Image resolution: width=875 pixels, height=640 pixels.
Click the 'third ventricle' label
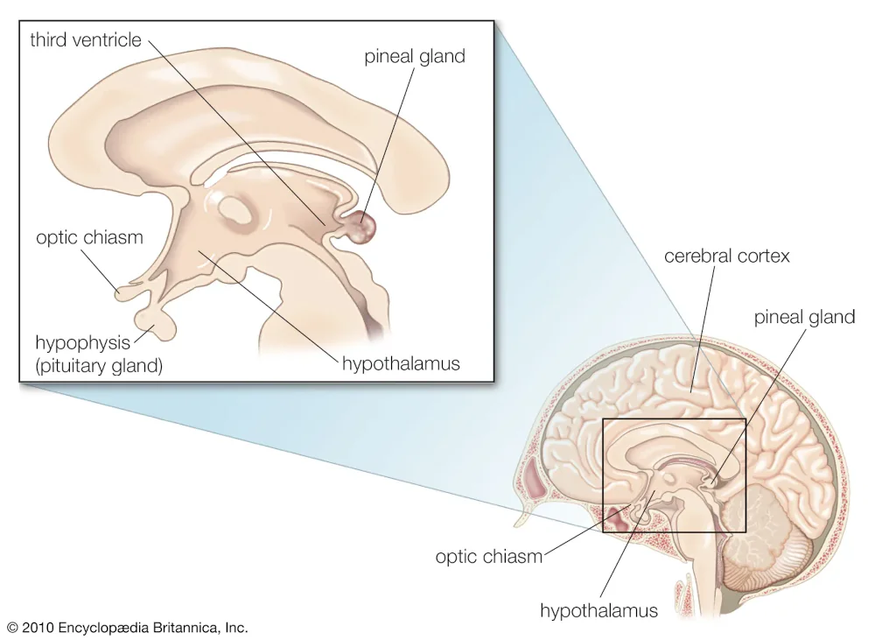point(86,39)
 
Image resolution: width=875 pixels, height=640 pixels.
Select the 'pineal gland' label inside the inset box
point(415,57)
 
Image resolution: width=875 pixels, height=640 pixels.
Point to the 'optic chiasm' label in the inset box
point(89,238)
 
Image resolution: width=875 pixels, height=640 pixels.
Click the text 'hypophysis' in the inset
point(82,343)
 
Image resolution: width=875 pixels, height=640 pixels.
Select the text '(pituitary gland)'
point(99,366)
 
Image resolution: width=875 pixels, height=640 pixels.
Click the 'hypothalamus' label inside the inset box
point(401,363)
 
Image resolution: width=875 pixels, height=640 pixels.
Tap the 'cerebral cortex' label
point(726,256)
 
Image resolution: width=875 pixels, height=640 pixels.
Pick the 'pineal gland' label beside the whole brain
point(804,318)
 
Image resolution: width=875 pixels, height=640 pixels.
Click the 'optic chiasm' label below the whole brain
point(489,557)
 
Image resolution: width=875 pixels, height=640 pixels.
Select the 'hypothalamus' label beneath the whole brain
point(598,610)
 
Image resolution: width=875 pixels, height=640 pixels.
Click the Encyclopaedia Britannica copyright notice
point(128,627)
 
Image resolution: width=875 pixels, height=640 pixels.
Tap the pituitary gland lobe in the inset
point(154,324)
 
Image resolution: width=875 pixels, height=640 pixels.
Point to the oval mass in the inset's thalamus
point(236,211)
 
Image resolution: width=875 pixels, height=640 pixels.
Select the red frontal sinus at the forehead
point(535,479)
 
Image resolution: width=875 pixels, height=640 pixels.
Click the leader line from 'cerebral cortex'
point(703,329)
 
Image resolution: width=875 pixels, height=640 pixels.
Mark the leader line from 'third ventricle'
point(236,132)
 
